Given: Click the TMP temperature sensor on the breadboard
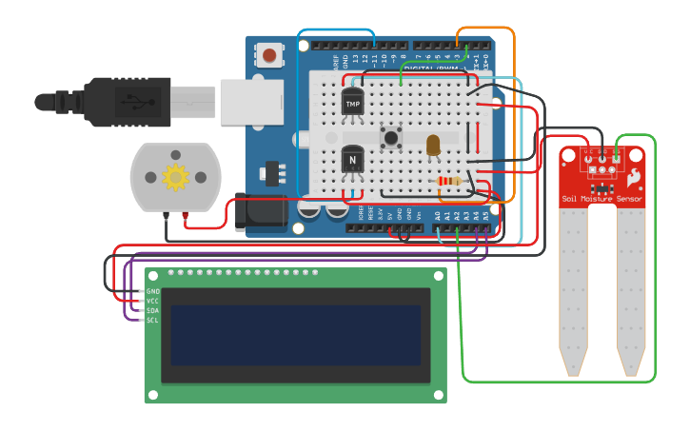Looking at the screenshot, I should [x=353, y=102].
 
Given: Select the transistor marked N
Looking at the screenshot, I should [x=353, y=159].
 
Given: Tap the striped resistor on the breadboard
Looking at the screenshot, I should [x=447, y=182].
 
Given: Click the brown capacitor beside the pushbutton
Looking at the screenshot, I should [x=433, y=145].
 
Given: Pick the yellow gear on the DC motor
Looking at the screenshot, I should [x=175, y=176].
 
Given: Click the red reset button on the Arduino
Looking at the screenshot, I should [x=270, y=55].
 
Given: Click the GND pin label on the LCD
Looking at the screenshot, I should [x=152, y=291].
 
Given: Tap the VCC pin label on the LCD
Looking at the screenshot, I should [x=152, y=301].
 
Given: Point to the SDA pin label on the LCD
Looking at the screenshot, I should [x=152, y=310].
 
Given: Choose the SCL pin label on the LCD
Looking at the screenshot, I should [x=152, y=320].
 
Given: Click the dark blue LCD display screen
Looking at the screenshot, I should [x=295, y=335].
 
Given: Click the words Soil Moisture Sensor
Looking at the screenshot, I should [x=601, y=199].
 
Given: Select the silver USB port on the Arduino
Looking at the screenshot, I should [x=251, y=101].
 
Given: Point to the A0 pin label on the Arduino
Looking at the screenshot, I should [x=437, y=217].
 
